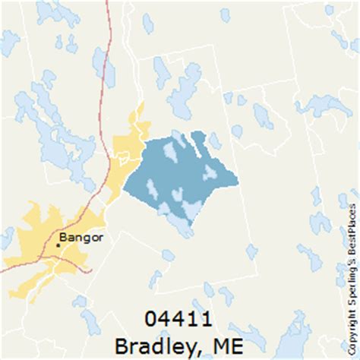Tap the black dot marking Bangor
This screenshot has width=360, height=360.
click(59, 245)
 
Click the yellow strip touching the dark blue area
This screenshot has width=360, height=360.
click(129, 144)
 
